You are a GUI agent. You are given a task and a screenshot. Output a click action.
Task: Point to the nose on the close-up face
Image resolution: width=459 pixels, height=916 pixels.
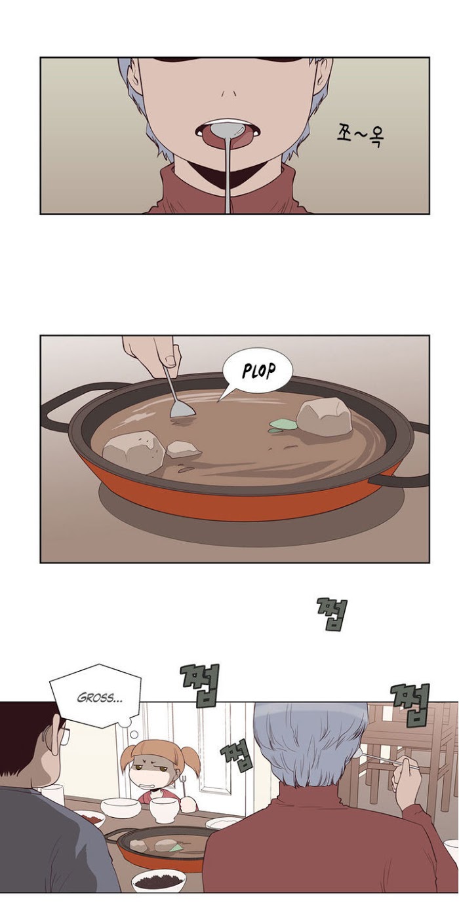[x=229, y=92]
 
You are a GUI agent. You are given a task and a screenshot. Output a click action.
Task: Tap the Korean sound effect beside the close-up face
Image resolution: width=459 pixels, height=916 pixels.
[x=359, y=135]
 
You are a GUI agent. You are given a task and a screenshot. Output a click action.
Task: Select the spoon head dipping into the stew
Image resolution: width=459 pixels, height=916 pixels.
[x=182, y=408]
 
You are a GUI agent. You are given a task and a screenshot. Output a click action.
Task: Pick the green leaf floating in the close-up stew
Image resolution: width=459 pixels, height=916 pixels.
[x=282, y=425]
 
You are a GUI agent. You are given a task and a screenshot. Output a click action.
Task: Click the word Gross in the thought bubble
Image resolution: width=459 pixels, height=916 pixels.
[x=100, y=697]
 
